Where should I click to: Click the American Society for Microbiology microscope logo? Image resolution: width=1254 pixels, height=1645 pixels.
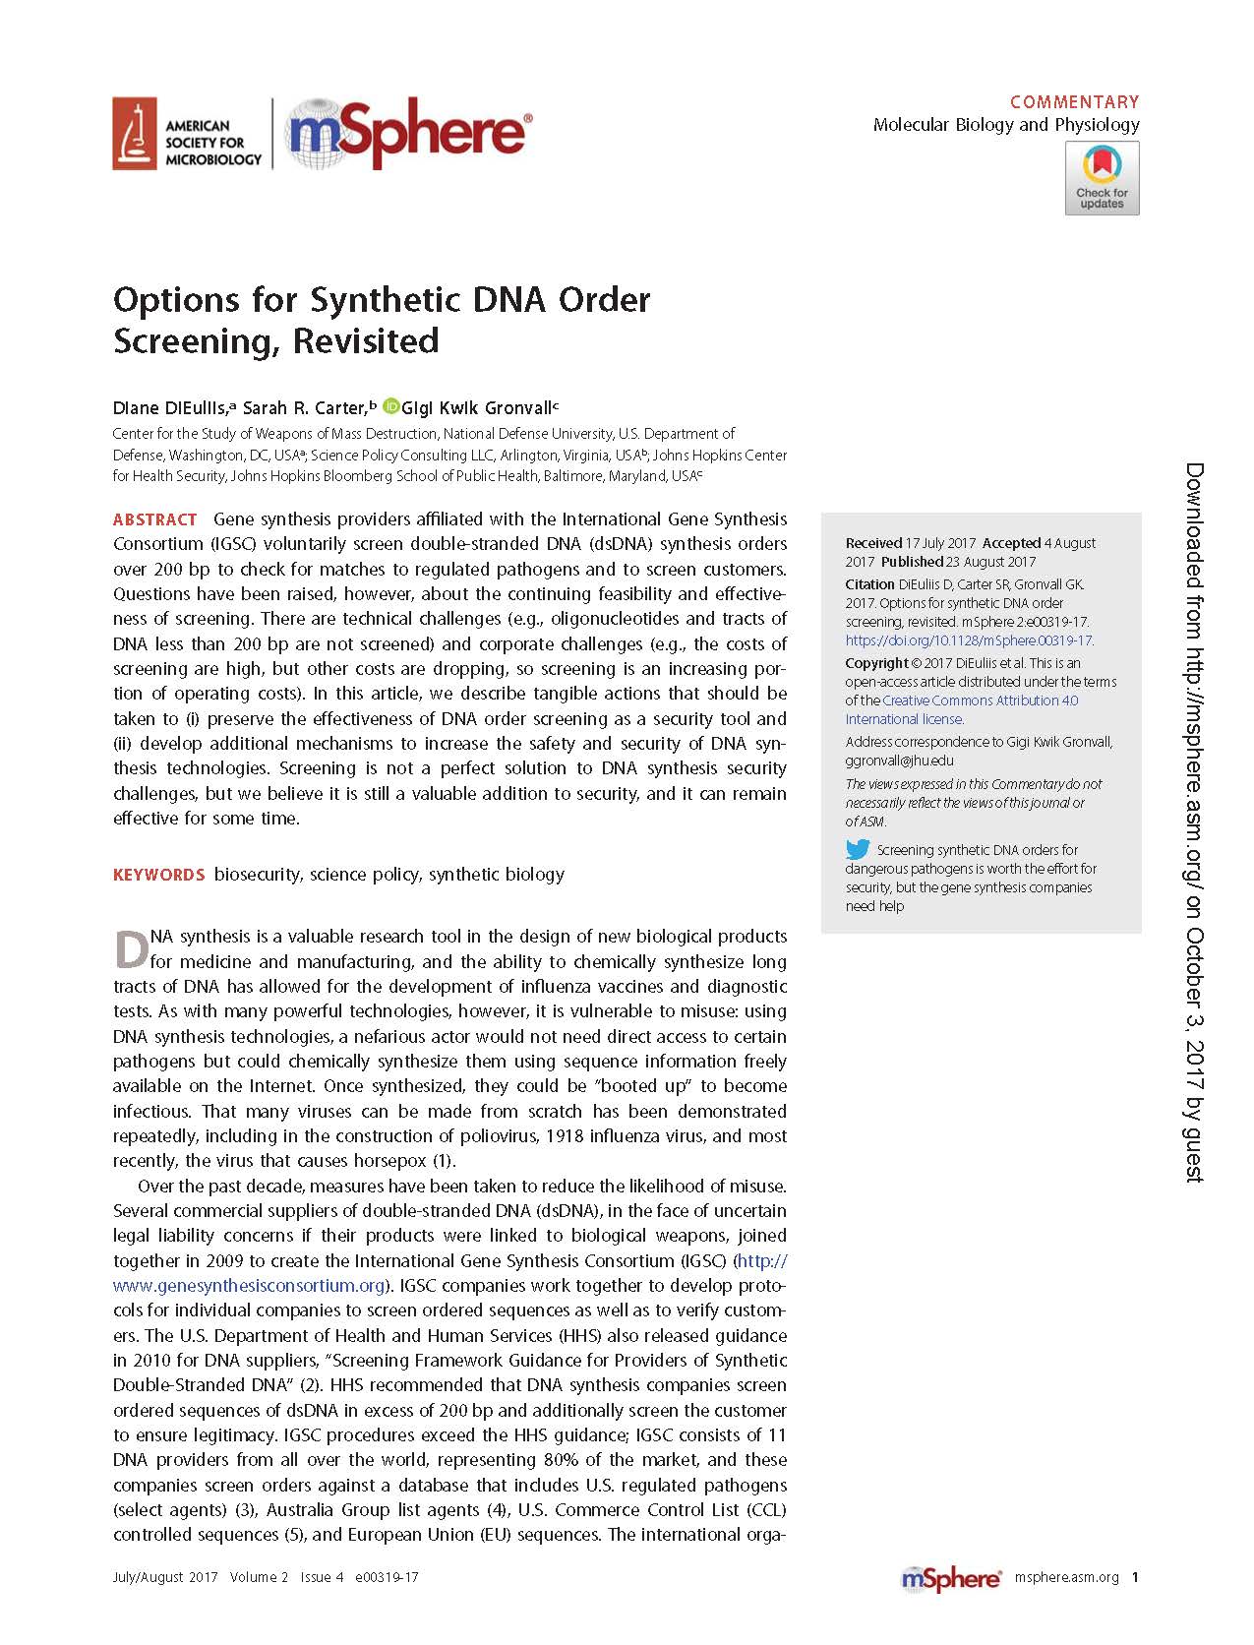pos(135,134)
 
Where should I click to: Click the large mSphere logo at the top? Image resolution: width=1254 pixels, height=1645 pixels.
pos(408,133)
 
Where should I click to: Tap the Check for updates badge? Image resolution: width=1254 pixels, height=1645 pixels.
pos(1102,178)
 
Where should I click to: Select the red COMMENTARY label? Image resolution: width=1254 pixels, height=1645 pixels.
pos(1074,101)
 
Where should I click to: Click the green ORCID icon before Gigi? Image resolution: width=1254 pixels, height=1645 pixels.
pos(391,406)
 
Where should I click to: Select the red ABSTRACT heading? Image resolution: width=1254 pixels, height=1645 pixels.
pos(155,519)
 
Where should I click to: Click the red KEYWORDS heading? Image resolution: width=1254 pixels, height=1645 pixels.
pos(158,875)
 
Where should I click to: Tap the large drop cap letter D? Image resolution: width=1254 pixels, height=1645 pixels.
pos(131,949)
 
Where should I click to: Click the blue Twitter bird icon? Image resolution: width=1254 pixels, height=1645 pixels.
pos(858,849)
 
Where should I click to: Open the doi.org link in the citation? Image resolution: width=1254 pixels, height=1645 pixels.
pos(969,640)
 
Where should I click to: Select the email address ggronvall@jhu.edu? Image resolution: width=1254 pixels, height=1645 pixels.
pos(899,761)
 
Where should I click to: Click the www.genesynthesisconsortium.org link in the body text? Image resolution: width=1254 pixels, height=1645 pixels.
pos(248,1286)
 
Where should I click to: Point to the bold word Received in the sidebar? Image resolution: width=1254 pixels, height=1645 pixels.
pos(873,543)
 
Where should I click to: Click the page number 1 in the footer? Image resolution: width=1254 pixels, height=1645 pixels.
pos(1135,1577)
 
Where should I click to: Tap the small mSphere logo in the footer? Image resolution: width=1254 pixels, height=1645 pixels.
pos(950,1578)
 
